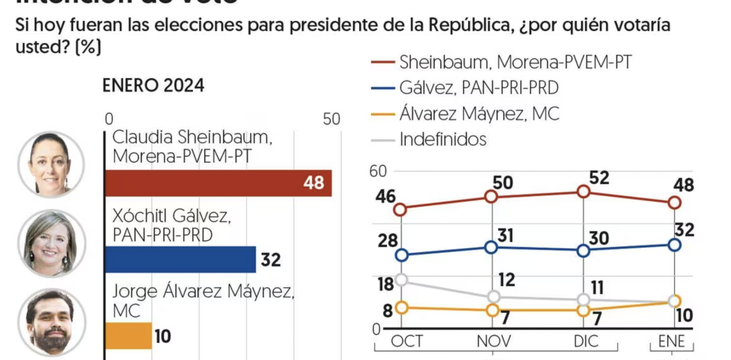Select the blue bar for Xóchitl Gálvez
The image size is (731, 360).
point(180,259)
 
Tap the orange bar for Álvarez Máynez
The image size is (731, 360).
point(128,336)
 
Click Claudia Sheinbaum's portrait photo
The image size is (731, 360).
point(51,164)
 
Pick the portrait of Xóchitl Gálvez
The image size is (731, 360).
point(52,243)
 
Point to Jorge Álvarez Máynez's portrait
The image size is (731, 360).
point(52,322)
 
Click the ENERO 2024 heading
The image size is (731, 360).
point(153,86)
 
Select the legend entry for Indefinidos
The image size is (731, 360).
point(442,139)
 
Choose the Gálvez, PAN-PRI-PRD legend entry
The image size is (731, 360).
point(478,88)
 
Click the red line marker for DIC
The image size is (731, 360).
point(583,192)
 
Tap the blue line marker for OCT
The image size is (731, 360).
point(402,255)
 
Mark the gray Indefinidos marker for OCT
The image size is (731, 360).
point(402,280)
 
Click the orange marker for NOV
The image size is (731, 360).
point(492,310)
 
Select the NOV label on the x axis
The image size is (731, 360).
point(493,341)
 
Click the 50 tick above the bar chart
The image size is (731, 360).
point(331,119)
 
